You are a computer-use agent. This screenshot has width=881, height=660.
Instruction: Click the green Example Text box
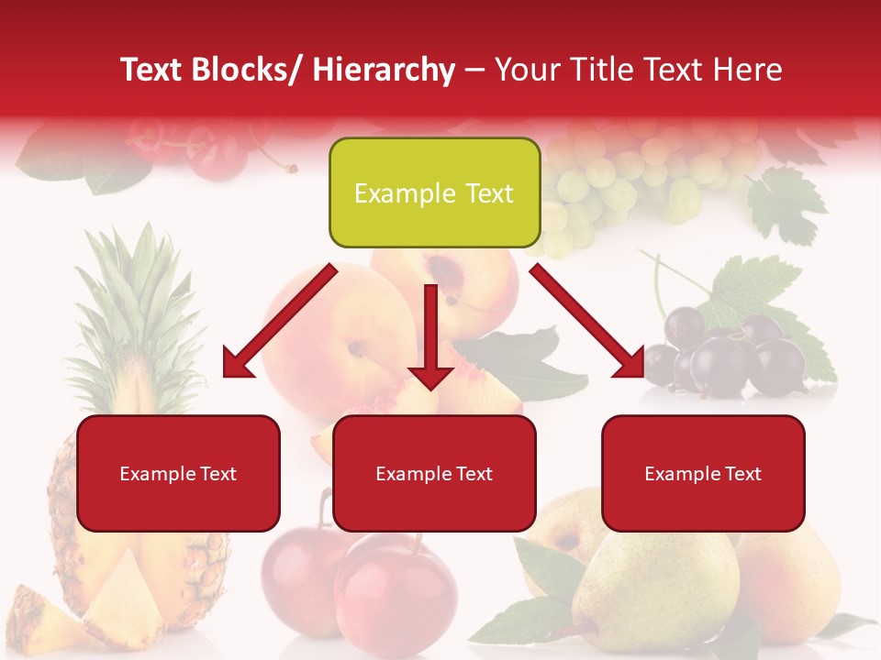coord(434,193)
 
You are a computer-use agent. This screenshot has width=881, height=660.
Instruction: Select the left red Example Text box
coord(178,474)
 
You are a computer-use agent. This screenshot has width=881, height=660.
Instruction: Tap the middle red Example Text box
coord(434,474)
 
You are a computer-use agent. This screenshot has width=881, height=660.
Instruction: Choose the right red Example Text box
coord(703,474)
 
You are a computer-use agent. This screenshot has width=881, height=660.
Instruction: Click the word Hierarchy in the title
coord(384,70)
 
